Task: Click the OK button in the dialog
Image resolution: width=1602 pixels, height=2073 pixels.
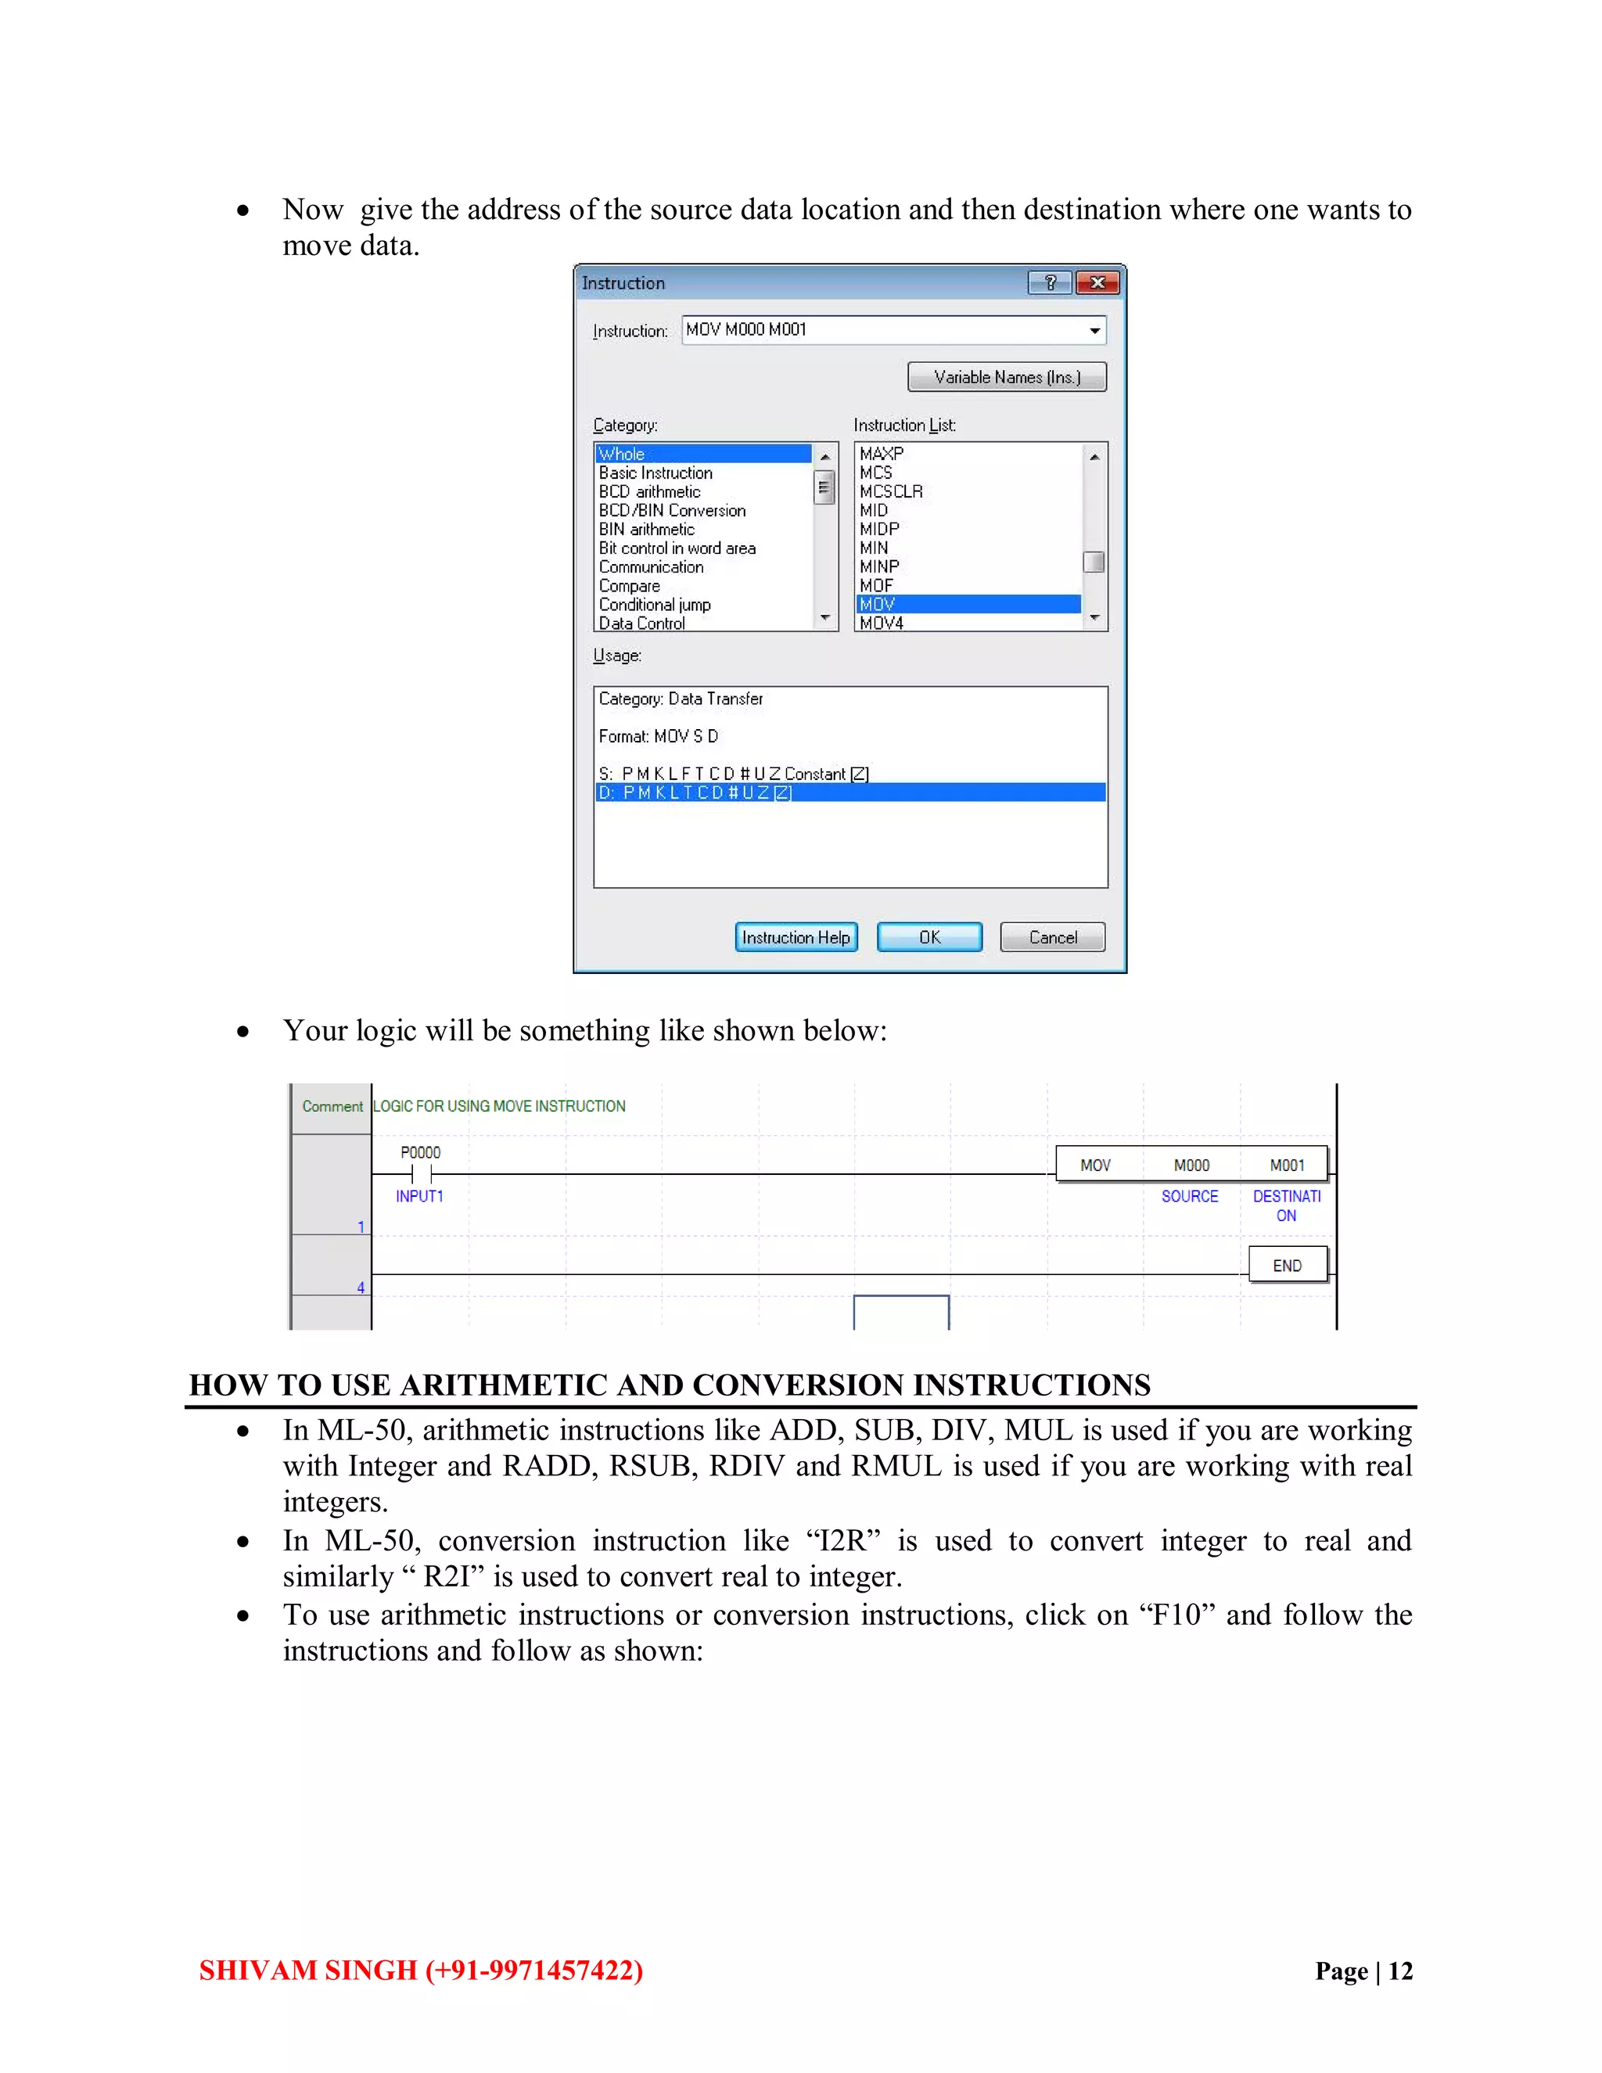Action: click(x=929, y=937)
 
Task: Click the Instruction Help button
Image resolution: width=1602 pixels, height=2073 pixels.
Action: click(x=796, y=937)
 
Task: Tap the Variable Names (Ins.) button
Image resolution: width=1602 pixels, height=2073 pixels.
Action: click(x=1006, y=377)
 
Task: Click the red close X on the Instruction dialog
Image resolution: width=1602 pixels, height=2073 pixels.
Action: click(x=1097, y=283)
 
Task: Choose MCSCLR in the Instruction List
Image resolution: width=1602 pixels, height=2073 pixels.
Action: click(x=890, y=490)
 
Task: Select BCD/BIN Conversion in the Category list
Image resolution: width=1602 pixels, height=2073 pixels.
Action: click(x=672, y=510)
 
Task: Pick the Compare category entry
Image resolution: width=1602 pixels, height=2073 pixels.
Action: click(x=628, y=586)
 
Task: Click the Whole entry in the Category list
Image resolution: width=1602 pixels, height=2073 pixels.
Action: click(x=702, y=454)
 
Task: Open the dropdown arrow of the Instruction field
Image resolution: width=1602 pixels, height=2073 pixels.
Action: click(x=1094, y=330)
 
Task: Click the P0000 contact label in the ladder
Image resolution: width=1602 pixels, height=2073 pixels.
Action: click(x=419, y=1152)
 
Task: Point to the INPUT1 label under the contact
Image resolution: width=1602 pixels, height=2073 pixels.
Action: click(x=419, y=1196)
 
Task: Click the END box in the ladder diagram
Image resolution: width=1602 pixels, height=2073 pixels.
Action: click(x=1287, y=1265)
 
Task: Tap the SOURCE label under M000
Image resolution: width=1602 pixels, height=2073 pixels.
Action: click(x=1189, y=1196)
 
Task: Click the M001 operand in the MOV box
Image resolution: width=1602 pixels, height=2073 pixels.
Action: click(x=1287, y=1165)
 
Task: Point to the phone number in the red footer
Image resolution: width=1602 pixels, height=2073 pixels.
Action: click(x=534, y=1970)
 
